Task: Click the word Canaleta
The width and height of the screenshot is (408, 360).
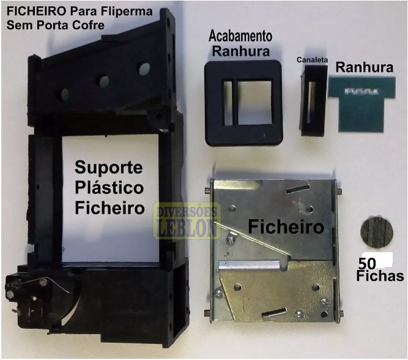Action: tap(312, 59)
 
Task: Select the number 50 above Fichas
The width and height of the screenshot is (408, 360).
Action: tap(367, 263)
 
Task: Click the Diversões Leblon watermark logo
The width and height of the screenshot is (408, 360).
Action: tap(187, 220)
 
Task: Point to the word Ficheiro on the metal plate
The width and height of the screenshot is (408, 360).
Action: tap(286, 227)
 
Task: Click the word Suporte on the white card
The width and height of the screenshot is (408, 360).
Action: tap(109, 168)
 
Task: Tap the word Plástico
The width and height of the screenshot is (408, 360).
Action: tap(109, 188)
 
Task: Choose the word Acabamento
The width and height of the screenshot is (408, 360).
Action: tap(240, 36)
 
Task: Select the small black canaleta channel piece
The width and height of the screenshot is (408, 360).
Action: tap(314, 100)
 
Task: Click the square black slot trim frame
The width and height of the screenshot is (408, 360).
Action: tap(243, 103)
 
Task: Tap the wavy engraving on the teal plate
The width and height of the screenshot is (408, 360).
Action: tap(361, 91)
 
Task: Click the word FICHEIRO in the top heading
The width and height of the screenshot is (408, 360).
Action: tap(36, 12)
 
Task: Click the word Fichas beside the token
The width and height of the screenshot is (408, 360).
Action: tap(380, 276)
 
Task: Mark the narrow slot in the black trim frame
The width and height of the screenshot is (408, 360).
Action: tap(228, 102)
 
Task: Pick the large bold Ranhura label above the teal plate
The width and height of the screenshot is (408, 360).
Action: tap(365, 67)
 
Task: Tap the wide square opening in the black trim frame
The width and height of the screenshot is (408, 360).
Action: tap(254, 102)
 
